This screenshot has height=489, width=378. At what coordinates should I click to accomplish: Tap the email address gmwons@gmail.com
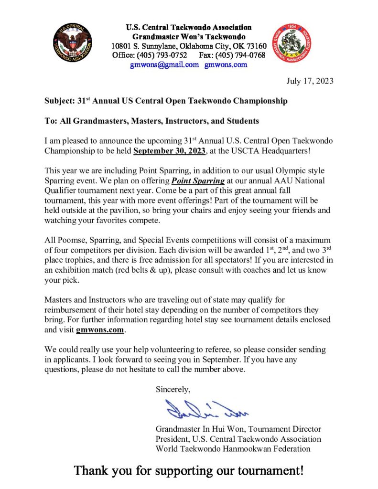coord(164,64)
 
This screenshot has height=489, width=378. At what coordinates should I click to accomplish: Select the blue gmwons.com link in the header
coord(226,64)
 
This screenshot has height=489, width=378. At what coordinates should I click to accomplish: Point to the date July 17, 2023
coord(310,81)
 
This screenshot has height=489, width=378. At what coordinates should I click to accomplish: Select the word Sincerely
coord(173,389)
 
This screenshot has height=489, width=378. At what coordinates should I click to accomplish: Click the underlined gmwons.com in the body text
coord(100,330)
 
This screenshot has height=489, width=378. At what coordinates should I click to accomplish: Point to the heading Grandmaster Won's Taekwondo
coord(189,37)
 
